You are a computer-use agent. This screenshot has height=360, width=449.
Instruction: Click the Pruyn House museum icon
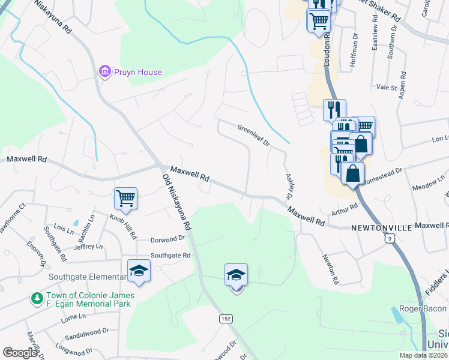point(105,72)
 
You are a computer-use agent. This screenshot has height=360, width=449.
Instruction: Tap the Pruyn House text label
point(139,73)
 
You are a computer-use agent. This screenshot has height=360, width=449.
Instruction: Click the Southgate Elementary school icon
point(139,271)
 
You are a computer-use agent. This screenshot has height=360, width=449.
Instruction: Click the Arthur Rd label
point(345,210)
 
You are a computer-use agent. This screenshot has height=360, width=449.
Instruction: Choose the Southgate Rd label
point(170,255)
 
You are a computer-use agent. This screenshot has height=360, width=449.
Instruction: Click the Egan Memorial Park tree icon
point(37,298)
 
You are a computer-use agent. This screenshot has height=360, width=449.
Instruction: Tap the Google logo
point(20,353)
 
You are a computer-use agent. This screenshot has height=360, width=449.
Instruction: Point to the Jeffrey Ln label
point(88,246)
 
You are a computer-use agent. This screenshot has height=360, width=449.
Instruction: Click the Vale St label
point(386,87)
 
